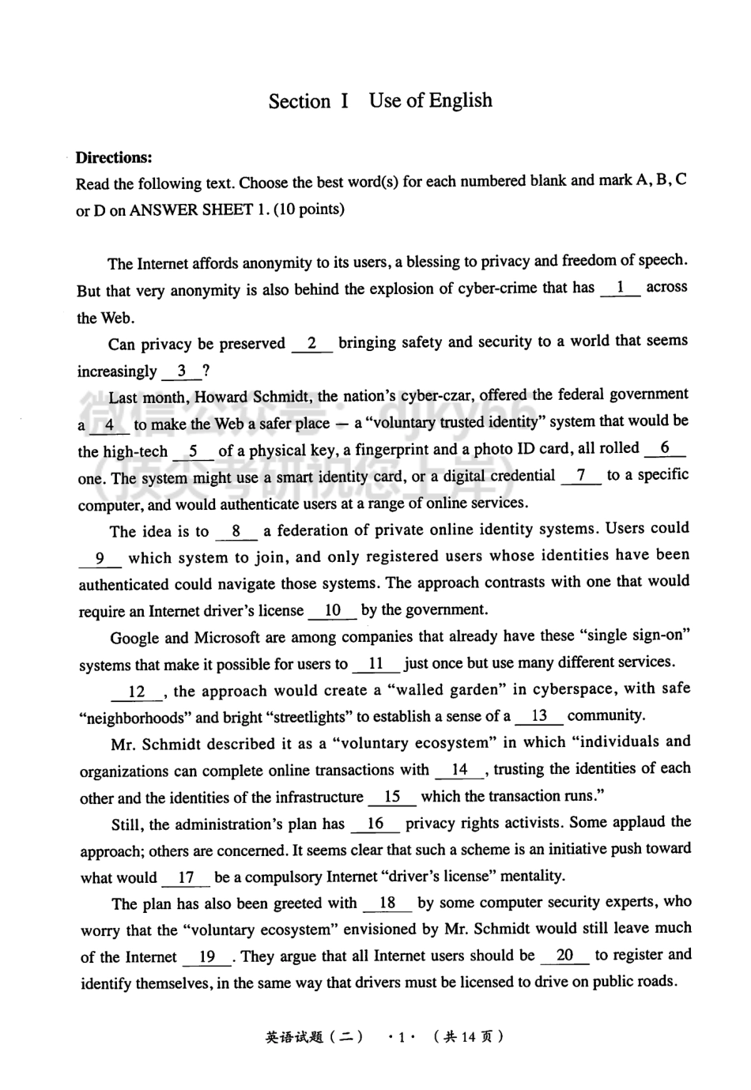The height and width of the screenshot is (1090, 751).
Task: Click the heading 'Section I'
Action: [308, 101]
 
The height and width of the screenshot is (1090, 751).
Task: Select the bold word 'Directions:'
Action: [114, 157]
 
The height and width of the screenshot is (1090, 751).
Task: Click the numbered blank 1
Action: [621, 288]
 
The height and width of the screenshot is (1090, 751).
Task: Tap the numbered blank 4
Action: [109, 425]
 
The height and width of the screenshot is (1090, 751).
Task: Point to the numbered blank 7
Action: [581, 476]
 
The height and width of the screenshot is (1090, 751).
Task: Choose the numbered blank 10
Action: [332, 610]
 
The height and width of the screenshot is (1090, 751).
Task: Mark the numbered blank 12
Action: [137, 692]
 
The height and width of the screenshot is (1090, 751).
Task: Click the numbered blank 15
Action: [392, 797]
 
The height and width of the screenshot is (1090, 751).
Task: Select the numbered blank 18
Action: [387, 903]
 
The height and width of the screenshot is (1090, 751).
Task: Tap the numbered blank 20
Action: [564, 956]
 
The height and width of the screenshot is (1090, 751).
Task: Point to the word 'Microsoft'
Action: [227, 637]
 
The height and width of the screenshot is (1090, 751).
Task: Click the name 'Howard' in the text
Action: [221, 397]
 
